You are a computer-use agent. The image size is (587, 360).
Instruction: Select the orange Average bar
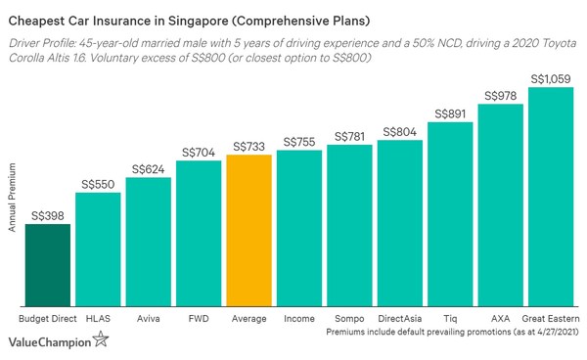pos(248,231)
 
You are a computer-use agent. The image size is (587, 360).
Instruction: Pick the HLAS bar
pos(98,250)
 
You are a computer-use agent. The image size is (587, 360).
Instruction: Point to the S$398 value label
pos(48,215)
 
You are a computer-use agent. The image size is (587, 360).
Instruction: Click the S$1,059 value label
pos(550,78)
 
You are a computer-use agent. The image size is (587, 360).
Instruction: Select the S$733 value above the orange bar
pos(248,146)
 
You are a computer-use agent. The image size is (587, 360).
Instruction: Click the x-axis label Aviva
pos(148,319)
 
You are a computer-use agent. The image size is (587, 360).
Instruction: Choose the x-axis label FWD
pos(199,319)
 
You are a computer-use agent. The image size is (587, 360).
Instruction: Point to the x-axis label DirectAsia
pos(399,319)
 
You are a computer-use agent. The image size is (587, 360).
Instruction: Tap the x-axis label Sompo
pos(349,319)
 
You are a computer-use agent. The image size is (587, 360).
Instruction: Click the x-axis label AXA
pos(500,319)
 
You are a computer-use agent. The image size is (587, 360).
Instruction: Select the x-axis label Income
pos(298,319)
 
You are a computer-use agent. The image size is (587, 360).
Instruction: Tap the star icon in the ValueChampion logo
pos(101,340)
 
